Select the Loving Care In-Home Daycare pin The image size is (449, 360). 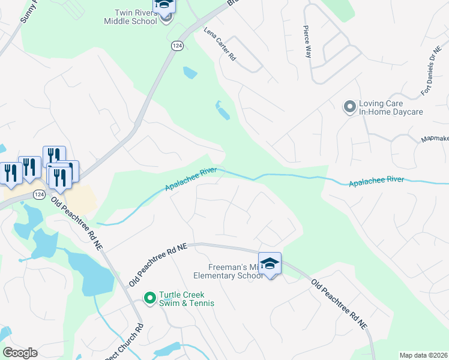coord(349,107)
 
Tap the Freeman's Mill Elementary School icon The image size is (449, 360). coord(270,263)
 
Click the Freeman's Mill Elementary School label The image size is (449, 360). coord(228,272)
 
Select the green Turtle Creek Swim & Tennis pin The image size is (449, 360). coord(150,296)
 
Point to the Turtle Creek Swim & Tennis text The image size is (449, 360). coord(187,299)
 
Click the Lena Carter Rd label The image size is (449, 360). coord(219,44)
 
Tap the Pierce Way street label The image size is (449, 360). coord(308,43)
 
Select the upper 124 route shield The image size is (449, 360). coord(176,46)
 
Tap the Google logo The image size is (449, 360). coord(20,353)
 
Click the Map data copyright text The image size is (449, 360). coord(424,355)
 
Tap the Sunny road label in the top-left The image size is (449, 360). coord(27,11)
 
